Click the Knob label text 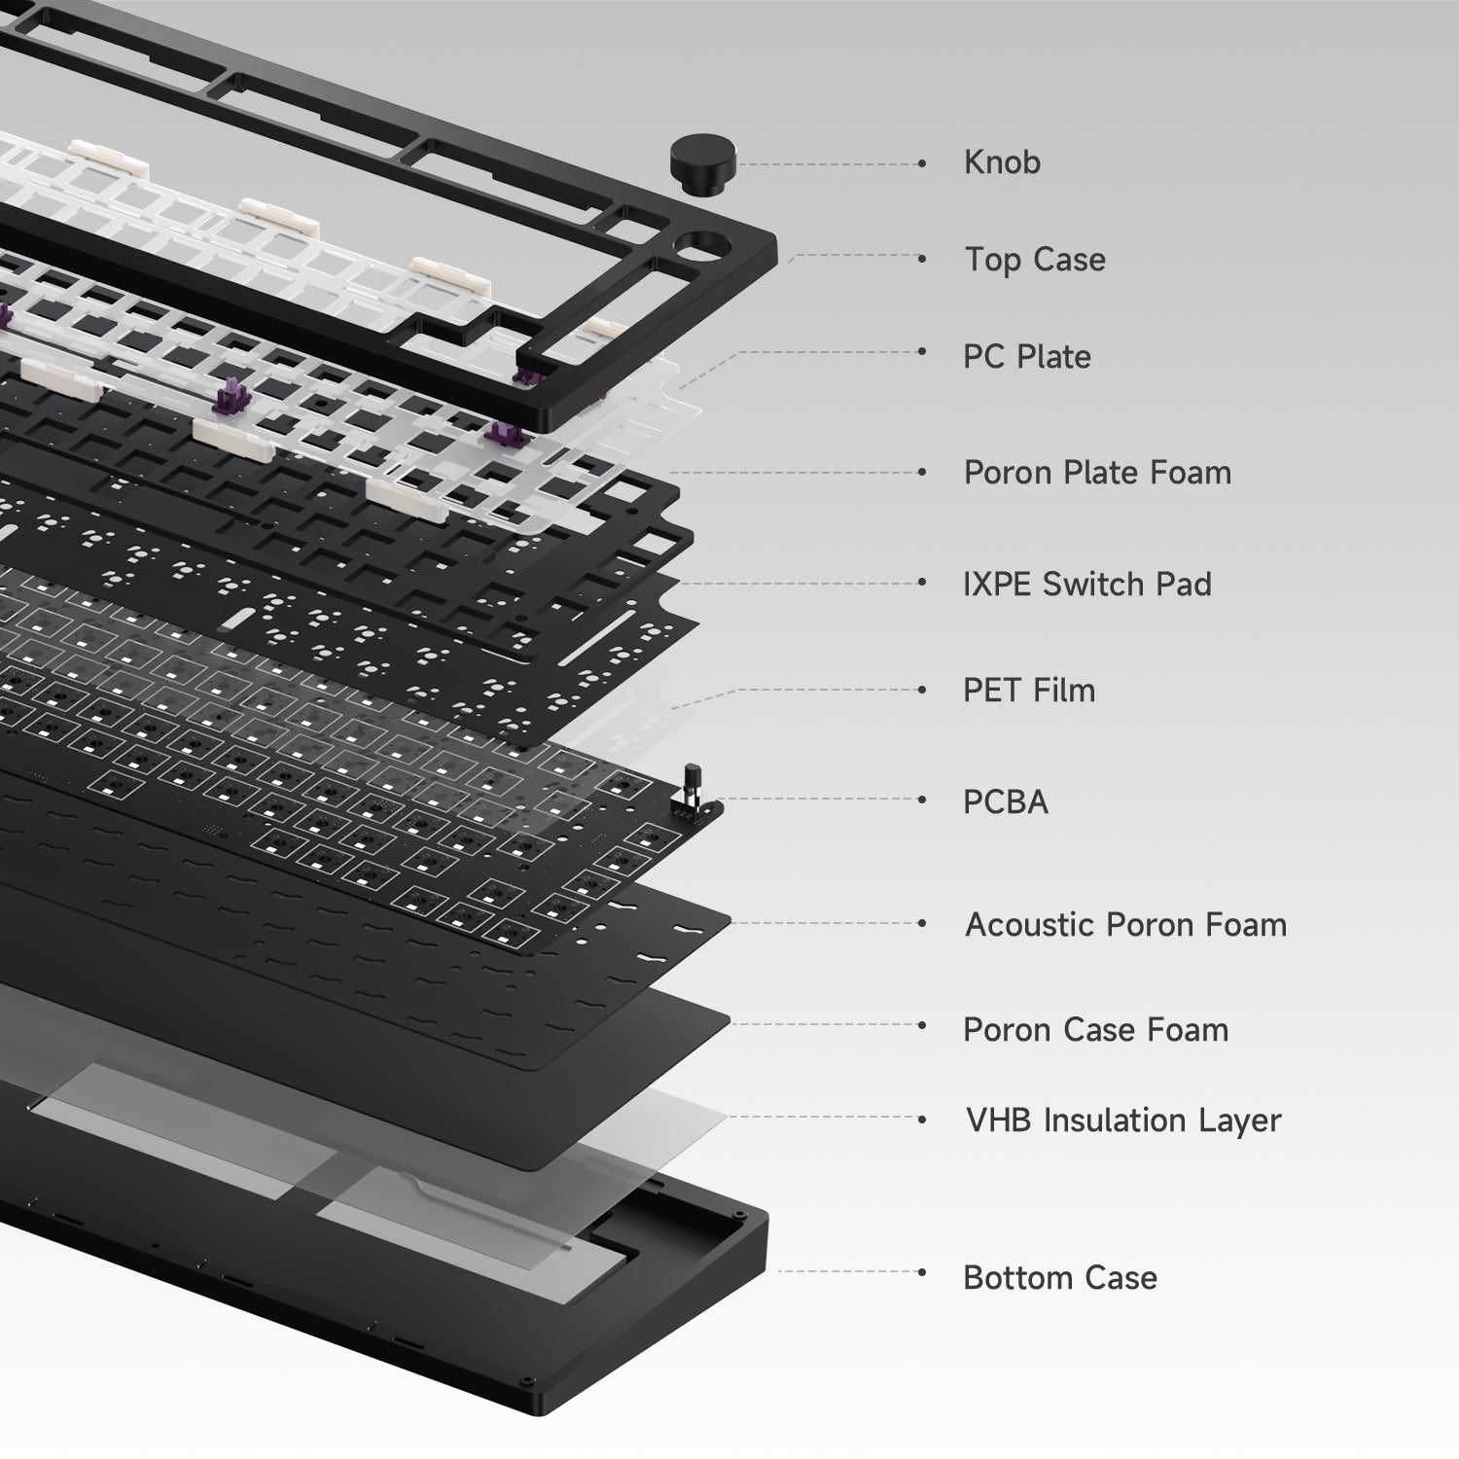click(x=1002, y=162)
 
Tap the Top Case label click(x=1035, y=260)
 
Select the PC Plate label click(x=1027, y=357)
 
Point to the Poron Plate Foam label click(x=1097, y=473)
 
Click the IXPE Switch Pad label click(x=1087, y=584)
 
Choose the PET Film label click(x=1029, y=691)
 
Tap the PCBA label click(x=1006, y=802)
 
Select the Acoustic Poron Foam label click(x=1125, y=925)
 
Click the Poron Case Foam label click(x=1095, y=1030)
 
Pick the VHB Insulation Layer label click(x=1123, y=1121)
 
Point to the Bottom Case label click(x=1060, y=1278)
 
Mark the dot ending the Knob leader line click(x=922, y=164)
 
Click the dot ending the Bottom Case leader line click(x=922, y=1271)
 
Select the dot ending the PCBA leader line click(x=922, y=800)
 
